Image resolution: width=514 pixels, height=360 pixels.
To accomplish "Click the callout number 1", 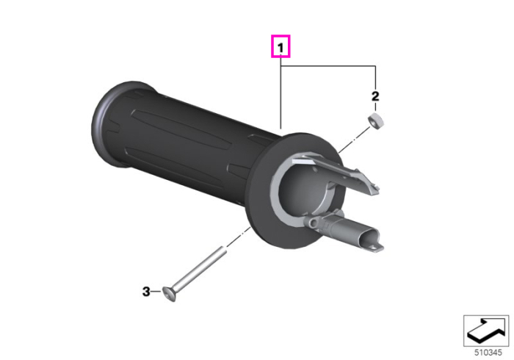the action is click(280, 48).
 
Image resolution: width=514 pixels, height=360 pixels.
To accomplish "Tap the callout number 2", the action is click(375, 96).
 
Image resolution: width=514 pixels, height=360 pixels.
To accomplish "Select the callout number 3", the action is click(146, 291).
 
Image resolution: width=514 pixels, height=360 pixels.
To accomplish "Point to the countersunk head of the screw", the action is click(169, 294).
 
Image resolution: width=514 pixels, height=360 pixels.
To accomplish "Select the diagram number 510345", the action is click(488, 353).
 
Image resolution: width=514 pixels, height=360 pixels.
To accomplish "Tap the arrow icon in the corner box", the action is click(486, 331).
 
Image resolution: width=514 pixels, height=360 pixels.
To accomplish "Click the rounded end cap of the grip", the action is click(108, 125).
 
